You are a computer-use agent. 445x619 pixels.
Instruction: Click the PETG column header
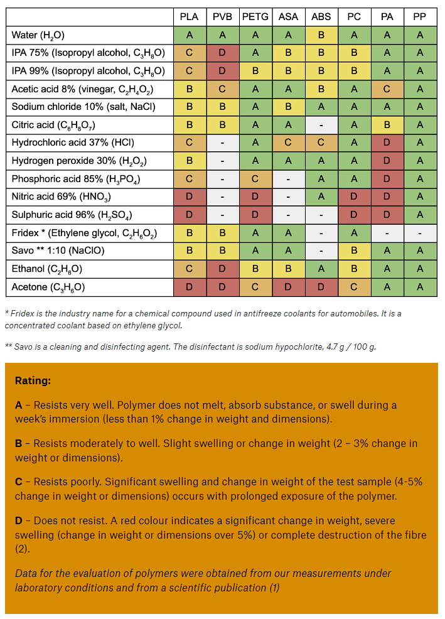(255, 18)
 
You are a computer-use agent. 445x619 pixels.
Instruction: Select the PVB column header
(223, 18)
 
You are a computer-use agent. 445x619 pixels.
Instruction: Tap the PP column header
(420, 18)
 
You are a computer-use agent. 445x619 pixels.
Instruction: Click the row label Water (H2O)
(38, 36)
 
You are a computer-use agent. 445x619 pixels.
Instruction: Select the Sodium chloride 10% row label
(74, 107)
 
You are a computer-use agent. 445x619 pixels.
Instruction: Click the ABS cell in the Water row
(321, 36)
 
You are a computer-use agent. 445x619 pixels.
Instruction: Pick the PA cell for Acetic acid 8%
(387, 89)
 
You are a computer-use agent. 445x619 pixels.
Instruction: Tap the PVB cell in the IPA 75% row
(223, 53)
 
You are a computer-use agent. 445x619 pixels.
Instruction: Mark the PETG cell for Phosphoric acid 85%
(255, 180)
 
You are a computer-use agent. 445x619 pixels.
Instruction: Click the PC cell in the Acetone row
(354, 288)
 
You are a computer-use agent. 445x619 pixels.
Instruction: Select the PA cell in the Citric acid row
(387, 125)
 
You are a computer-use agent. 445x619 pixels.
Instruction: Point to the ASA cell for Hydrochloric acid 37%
(289, 143)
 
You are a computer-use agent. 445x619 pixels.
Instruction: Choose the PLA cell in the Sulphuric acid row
(190, 215)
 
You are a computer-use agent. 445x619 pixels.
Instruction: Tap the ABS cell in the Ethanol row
(321, 269)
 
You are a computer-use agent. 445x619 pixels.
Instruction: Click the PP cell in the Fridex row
(420, 234)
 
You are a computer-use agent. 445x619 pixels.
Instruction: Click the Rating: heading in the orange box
(33, 381)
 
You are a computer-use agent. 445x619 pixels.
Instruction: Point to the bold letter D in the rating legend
(19, 521)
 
